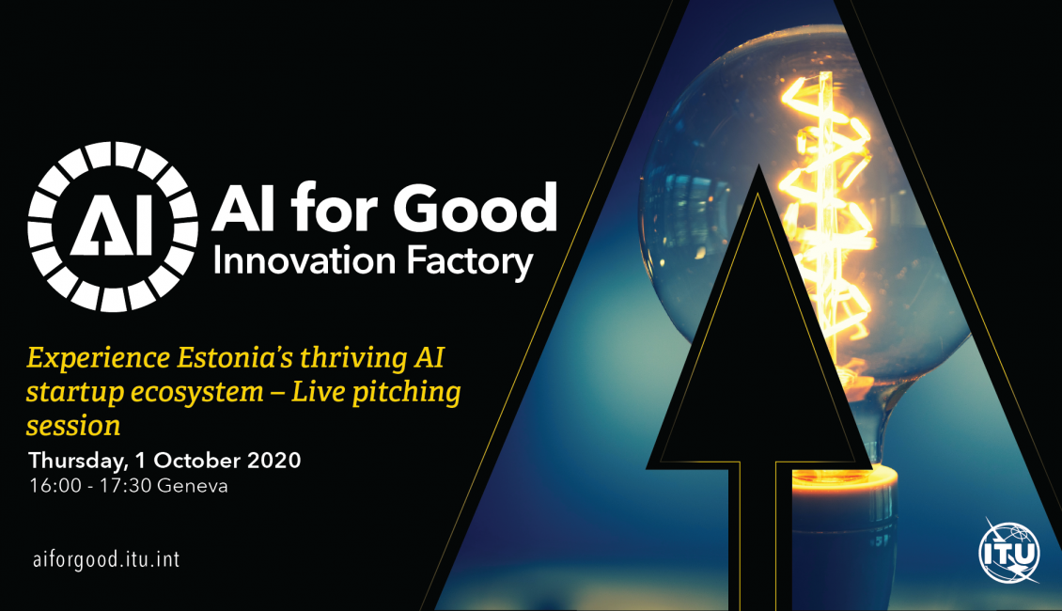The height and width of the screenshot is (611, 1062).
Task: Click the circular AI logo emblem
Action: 113,227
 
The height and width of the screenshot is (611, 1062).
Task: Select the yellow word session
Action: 73,427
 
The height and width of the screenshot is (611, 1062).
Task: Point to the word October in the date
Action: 197,461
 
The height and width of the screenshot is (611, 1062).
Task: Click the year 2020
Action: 273,461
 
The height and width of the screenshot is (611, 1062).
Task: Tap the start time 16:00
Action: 55,486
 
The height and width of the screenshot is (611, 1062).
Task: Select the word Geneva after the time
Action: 193,486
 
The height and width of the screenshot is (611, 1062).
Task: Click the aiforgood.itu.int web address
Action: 106,559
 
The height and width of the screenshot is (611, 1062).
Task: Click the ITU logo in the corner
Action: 1009,552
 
